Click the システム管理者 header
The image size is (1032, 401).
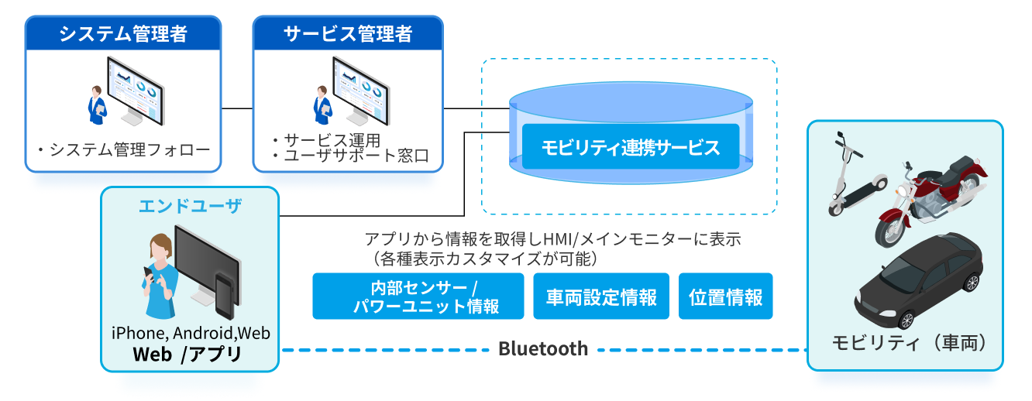123,34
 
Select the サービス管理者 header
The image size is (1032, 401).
348,34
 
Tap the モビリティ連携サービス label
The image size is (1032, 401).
630,146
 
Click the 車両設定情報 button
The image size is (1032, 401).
601,296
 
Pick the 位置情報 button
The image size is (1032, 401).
726,296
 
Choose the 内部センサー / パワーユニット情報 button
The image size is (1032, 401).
418,296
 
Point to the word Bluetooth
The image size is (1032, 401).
542,349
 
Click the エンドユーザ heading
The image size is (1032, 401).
190,206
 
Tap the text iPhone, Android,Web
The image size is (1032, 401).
190,334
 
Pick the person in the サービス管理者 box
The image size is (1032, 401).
322,104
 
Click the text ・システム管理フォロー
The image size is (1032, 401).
122,149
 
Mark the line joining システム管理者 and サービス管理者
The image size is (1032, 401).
237,108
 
